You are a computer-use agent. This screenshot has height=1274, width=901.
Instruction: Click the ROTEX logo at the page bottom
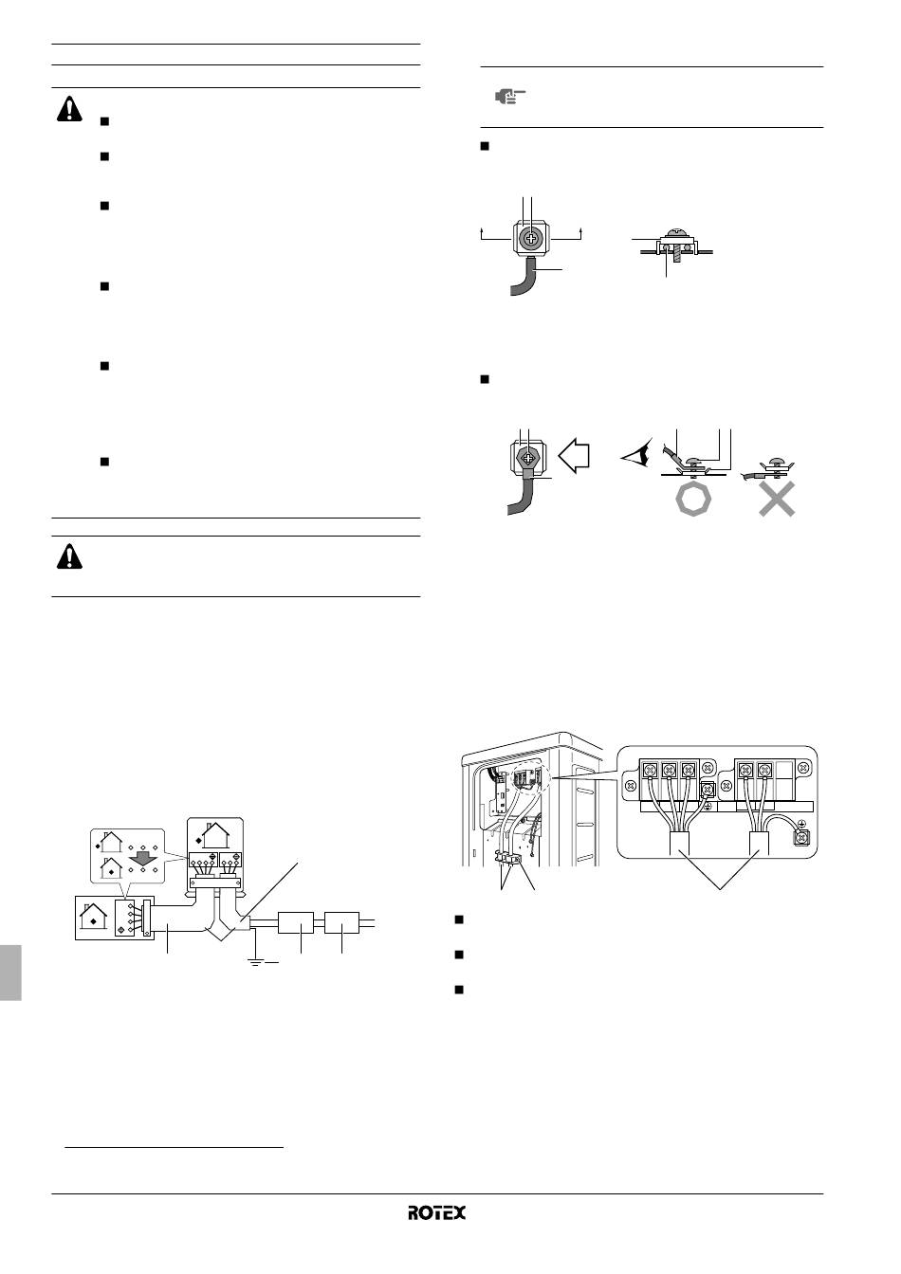pyautogui.click(x=436, y=1212)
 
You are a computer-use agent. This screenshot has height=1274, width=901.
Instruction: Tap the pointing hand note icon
pyautogui.click(x=510, y=97)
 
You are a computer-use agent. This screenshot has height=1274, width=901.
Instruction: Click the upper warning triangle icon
pyautogui.click(x=69, y=109)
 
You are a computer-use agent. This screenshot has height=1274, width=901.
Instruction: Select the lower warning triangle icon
pyautogui.click(x=69, y=556)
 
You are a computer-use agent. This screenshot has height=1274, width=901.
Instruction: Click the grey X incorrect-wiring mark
pyautogui.click(x=777, y=499)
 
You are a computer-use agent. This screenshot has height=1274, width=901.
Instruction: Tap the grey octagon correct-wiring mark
pyautogui.click(x=693, y=499)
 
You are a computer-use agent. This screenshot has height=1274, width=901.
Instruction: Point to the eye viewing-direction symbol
pyautogui.click(x=636, y=455)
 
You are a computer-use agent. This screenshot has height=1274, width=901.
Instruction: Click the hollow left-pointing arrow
pyautogui.click(x=574, y=456)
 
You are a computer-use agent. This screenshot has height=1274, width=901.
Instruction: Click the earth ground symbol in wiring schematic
pyautogui.click(x=256, y=962)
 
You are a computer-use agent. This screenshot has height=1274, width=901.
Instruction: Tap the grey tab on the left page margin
pyautogui.click(x=10, y=973)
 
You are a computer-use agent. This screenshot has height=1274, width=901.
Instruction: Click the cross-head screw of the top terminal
pyautogui.click(x=530, y=238)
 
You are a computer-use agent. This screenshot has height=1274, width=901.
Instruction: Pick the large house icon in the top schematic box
pyautogui.click(x=213, y=835)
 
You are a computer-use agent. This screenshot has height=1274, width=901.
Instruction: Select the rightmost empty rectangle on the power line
pyautogui.click(x=341, y=922)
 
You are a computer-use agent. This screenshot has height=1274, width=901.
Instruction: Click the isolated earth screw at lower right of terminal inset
pyautogui.click(x=801, y=837)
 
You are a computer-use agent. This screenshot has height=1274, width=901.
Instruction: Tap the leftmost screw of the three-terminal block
pyautogui.click(x=650, y=771)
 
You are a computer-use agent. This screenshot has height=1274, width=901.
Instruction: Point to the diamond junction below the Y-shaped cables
pyautogui.click(x=221, y=932)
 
